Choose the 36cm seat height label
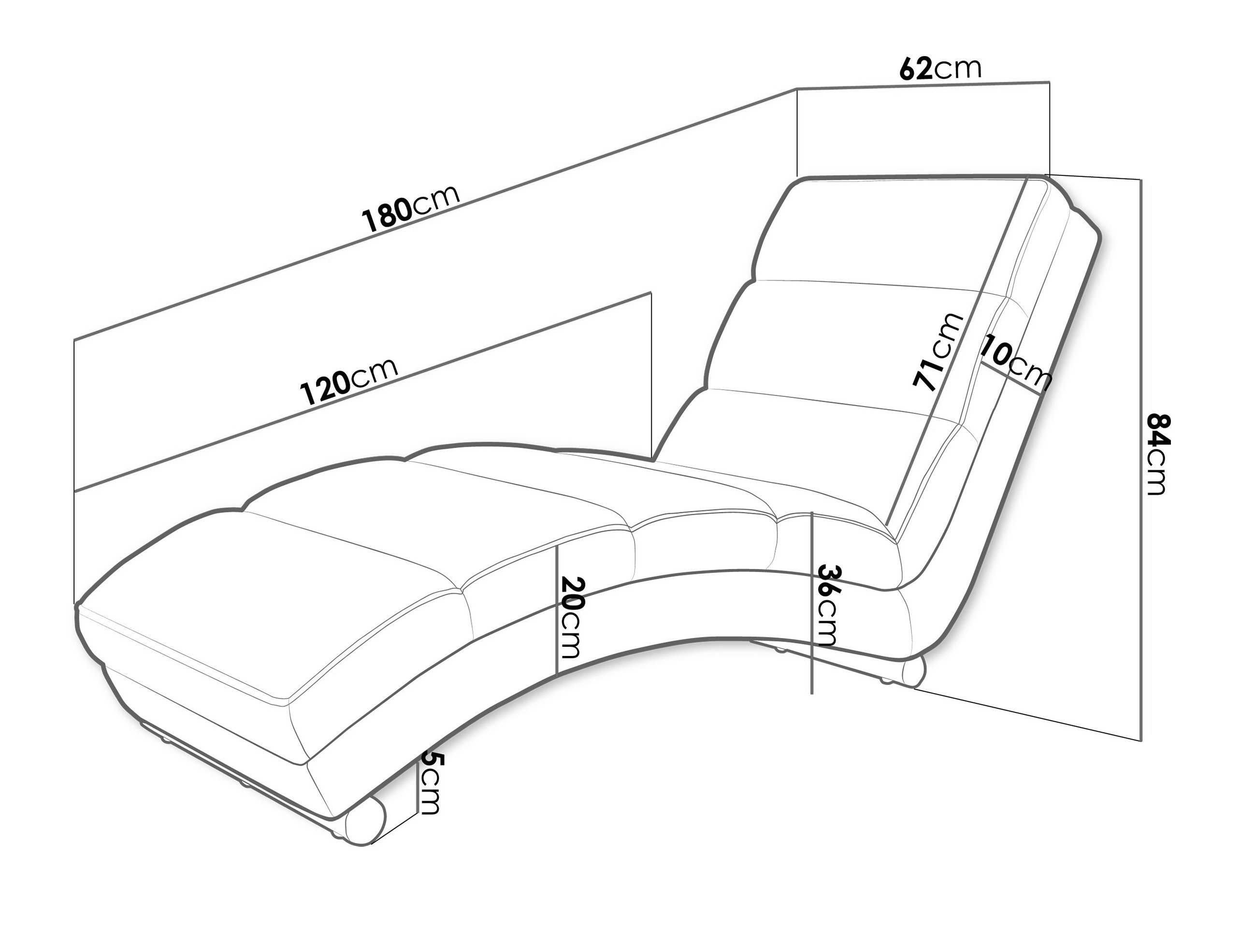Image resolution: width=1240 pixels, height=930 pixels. coord(827,606)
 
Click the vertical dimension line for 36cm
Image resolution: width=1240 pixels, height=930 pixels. coord(812,603)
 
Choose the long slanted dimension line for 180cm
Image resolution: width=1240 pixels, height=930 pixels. coord(435,214)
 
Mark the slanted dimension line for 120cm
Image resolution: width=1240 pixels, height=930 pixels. coord(363,390)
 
